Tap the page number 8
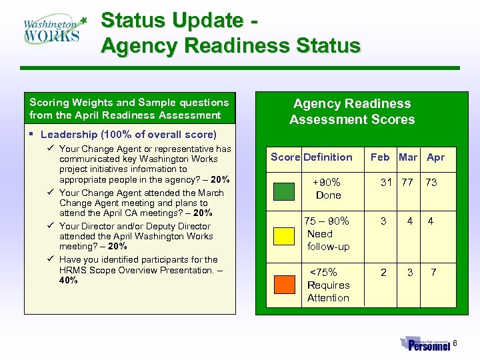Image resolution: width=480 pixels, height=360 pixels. coord(456,344)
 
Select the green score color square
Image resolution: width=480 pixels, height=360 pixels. coord(285,190)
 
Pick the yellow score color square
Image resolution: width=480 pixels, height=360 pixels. coord(285,237)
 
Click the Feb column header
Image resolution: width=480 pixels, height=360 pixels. coord(380,157)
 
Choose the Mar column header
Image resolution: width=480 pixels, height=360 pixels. coord(407,157)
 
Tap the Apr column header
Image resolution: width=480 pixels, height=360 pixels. coord(435,157)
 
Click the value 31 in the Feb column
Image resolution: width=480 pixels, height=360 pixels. coord(386,183)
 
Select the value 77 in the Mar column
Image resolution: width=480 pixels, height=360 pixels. coord(407,183)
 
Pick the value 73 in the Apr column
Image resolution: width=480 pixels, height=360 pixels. coord(431,183)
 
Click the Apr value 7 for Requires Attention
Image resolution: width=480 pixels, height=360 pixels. coord(433,273)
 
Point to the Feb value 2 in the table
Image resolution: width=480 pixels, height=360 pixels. coord(383,273)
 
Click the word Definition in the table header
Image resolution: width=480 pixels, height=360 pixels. coord(328,157)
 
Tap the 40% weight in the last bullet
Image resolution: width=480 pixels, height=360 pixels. coord(69,281)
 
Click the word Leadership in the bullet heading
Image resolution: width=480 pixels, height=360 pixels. coord(66,135)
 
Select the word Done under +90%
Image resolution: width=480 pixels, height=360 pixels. coord(328,195)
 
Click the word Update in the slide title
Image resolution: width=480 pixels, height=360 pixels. coord(207,21)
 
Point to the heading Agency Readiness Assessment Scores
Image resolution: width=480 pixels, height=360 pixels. coord(352,111)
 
